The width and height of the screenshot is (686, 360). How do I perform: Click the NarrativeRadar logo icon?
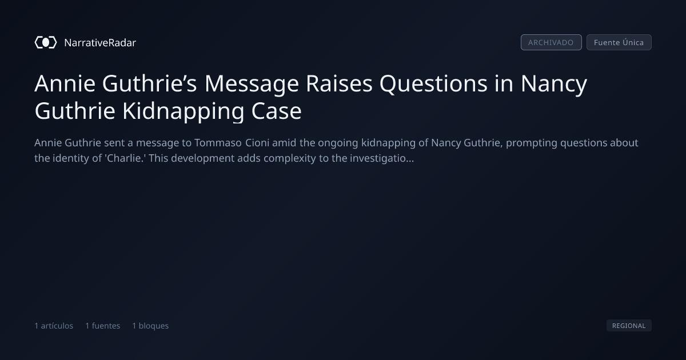[46, 42]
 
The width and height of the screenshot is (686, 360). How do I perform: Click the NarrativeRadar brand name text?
[100, 43]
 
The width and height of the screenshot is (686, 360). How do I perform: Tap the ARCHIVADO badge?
[551, 42]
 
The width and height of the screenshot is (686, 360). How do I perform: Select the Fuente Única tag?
[619, 42]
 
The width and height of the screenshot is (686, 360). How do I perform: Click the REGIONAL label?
[629, 325]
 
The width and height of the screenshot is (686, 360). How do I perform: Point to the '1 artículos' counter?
[54, 326]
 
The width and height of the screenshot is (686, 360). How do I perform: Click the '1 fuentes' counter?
[102, 326]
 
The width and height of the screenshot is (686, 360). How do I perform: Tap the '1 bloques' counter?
[150, 326]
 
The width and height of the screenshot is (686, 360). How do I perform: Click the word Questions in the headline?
[433, 84]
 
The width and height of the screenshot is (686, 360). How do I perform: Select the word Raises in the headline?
[339, 83]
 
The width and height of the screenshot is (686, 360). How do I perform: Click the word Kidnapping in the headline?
[183, 111]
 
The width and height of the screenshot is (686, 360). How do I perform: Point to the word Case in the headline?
[276, 111]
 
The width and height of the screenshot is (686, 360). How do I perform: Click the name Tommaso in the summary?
[218, 143]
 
